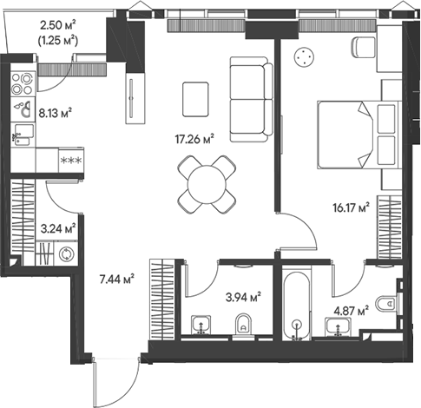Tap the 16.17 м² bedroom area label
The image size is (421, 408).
point(352,207)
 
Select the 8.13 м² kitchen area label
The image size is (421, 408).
point(55,112)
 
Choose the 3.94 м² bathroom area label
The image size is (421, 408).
point(243,296)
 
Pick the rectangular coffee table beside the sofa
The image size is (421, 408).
point(195,101)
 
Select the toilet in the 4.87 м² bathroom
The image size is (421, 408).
point(390,304)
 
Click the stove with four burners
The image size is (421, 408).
point(21,82)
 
